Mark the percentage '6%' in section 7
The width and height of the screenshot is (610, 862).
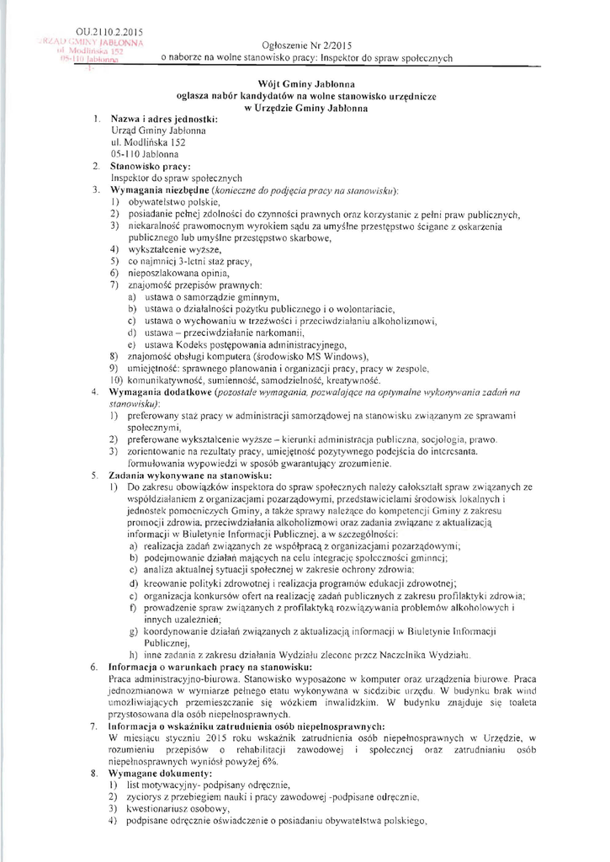268,759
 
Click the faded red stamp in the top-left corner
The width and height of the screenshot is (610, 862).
93,54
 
